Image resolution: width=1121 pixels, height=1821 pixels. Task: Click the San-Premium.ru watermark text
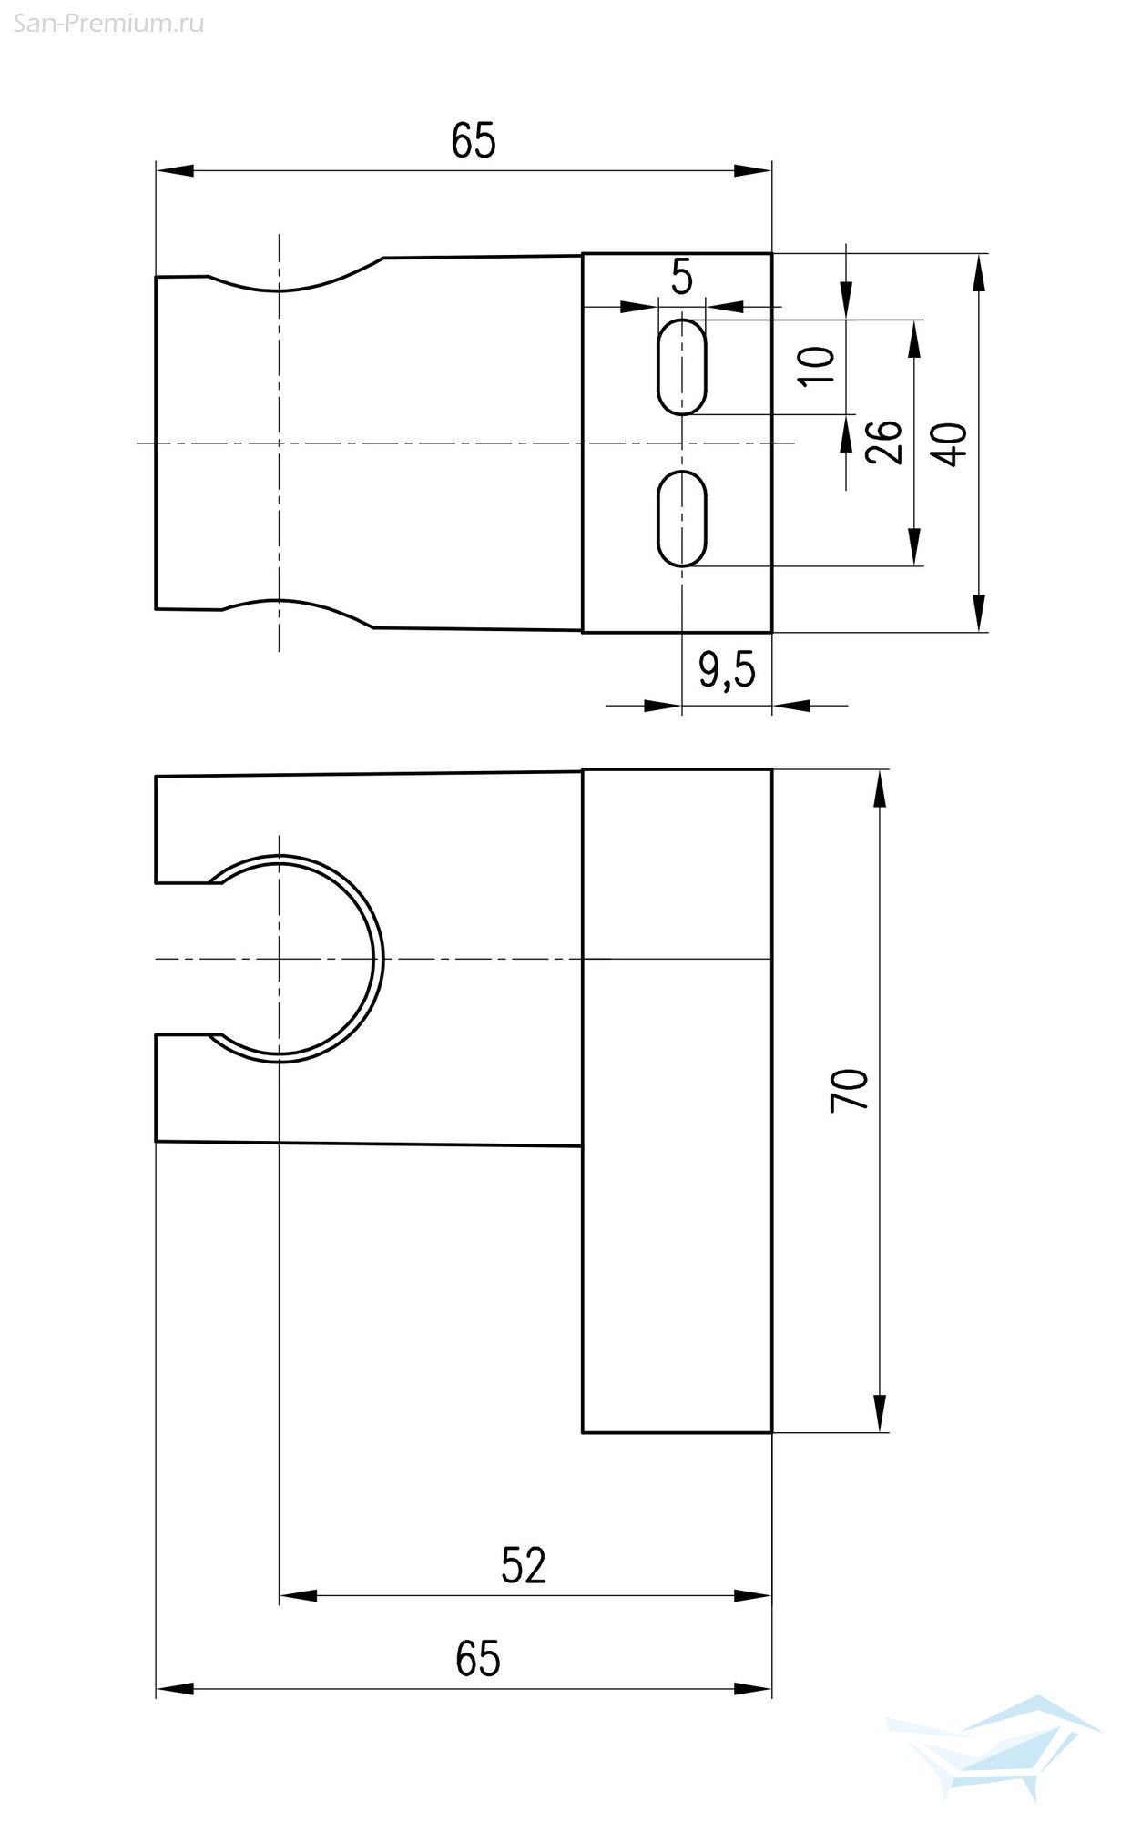pos(109,24)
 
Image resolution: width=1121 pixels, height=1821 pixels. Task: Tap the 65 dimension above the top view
pos(474,141)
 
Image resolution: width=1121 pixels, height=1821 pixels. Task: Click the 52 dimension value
pos(524,1565)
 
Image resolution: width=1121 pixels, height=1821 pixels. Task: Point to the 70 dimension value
pos(849,1090)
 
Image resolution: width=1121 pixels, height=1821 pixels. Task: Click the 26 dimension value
pos(883,443)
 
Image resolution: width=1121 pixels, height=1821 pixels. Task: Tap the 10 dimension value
pos(817,366)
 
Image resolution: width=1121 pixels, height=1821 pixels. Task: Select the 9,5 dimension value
pos(727,672)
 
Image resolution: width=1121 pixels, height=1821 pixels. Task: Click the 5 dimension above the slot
pos(682,277)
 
